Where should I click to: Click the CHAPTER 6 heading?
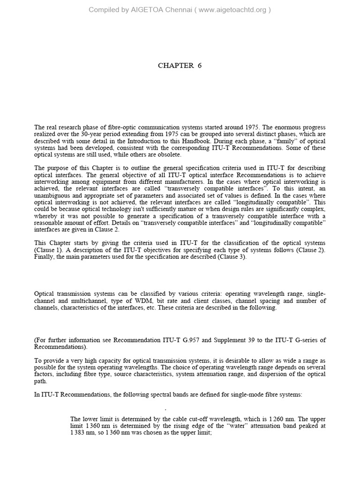tap(180, 66)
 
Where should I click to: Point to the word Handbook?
tap(230, 141)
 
